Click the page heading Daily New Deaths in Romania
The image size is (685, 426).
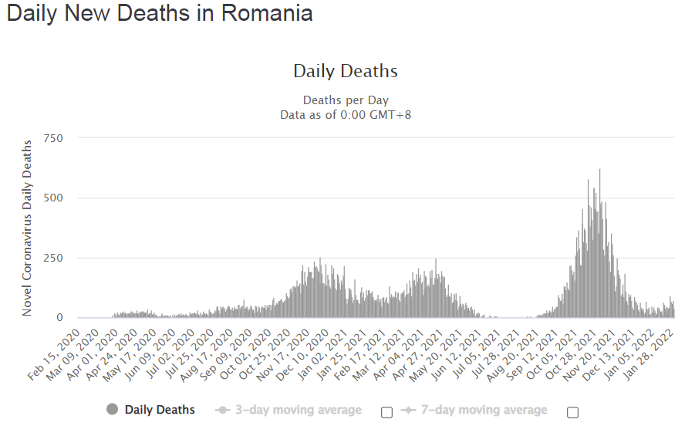pos(160,14)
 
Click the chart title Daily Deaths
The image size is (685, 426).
pos(346,72)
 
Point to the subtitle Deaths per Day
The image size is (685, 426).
pos(346,100)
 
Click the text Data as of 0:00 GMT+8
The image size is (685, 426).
pos(346,115)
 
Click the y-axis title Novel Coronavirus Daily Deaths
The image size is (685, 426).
pos(27,228)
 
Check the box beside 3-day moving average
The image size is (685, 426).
pos(387,412)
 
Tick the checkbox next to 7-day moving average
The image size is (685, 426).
pos(572,412)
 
